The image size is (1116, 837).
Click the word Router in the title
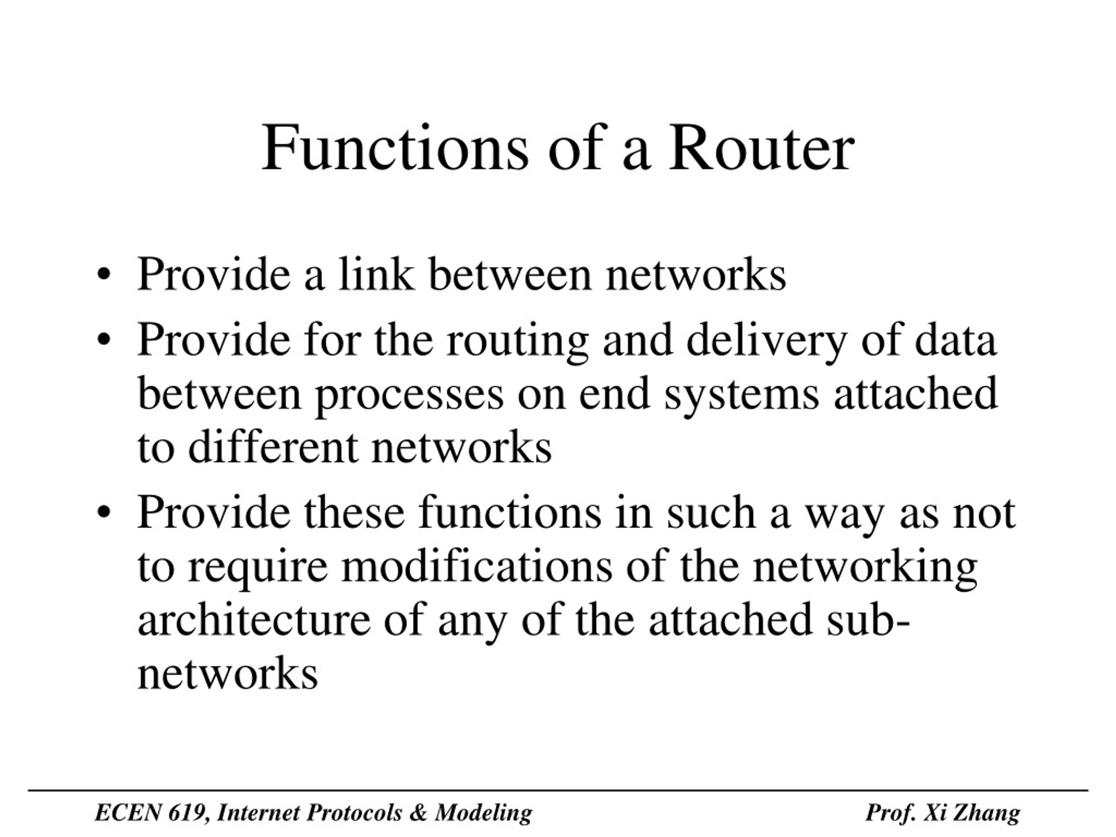tap(762, 148)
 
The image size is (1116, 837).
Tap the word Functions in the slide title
tap(395, 147)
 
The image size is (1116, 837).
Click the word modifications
tap(477, 567)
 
